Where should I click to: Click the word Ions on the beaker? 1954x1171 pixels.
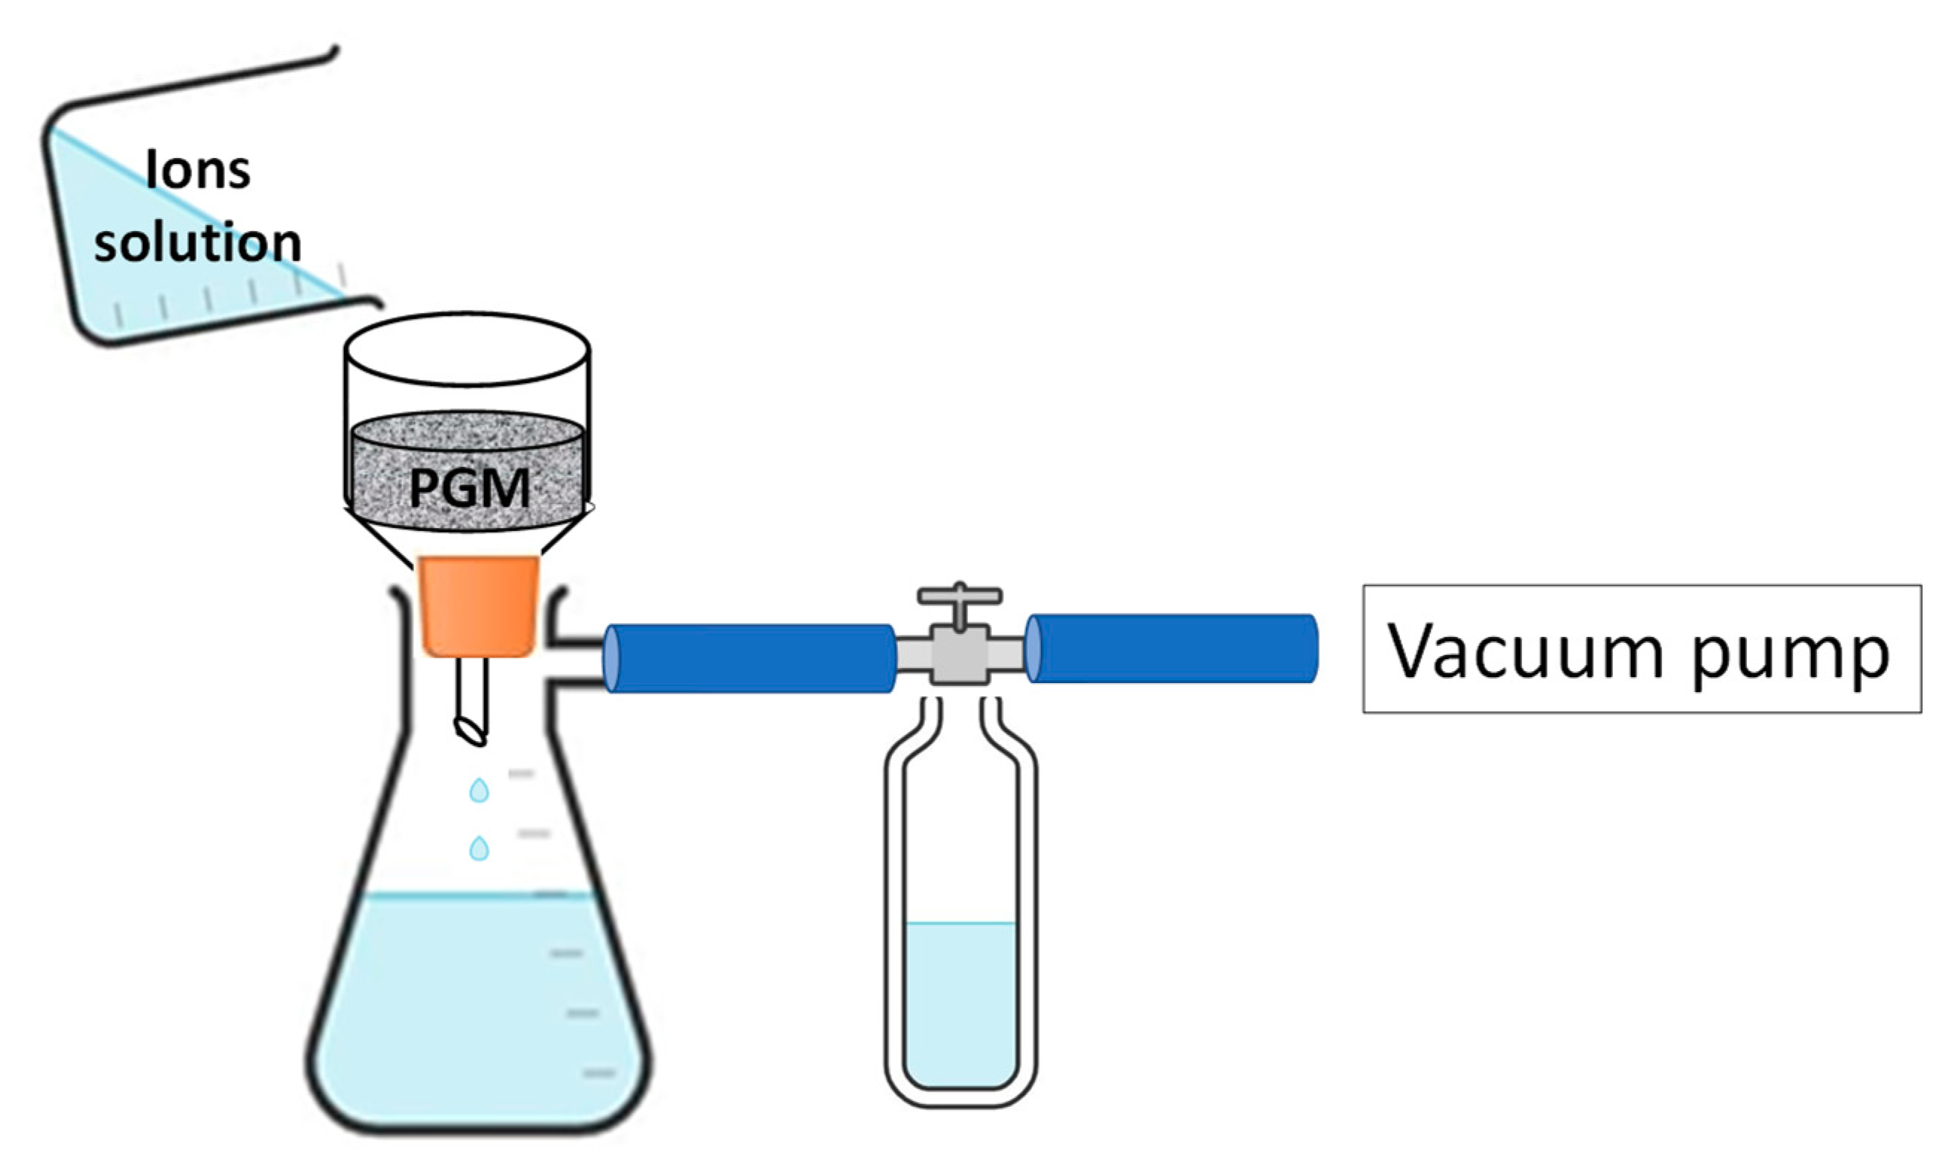coord(198,170)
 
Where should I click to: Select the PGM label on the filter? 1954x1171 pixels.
coord(469,489)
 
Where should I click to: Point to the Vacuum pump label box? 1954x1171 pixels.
coord(1640,649)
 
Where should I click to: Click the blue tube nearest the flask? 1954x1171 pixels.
coord(749,659)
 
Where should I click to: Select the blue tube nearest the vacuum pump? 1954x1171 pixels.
coord(1172,649)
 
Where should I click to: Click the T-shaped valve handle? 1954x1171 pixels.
coord(959,597)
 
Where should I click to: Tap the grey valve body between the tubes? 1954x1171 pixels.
coord(959,654)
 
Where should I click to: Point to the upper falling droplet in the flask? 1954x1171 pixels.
coord(479,790)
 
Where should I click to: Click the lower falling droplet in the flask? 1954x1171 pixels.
coord(479,848)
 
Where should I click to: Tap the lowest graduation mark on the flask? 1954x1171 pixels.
coord(599,1073)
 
